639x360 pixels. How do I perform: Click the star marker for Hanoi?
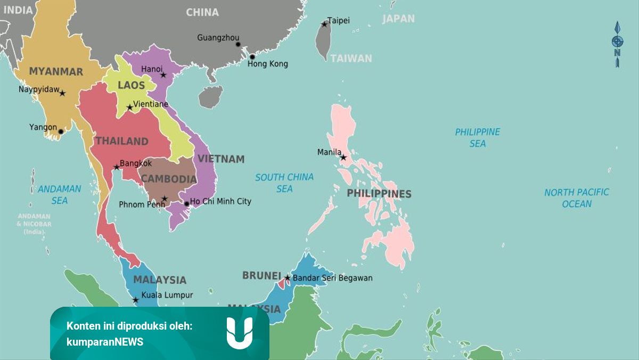[163, 75]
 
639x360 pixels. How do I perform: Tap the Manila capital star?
[343, 158]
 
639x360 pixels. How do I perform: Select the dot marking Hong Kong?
[252, 56]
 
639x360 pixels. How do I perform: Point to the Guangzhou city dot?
[238, 44]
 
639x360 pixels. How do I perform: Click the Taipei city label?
[338, 21]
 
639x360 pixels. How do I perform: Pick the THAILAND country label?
[121, 141]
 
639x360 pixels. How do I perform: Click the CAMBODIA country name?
[169, 179]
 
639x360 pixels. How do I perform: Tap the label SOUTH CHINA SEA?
[284, 183]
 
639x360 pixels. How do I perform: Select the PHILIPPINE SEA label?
[478, 137]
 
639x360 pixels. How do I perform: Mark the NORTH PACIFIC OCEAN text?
[577, 198]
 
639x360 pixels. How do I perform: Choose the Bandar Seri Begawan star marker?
[288, 277]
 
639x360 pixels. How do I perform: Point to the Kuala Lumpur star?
[136, 300]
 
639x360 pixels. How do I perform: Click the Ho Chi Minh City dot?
[186, 204]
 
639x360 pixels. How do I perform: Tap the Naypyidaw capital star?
[62, 93]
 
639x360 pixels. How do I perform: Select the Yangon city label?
[43, 127]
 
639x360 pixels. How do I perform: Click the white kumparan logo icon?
[240, 333]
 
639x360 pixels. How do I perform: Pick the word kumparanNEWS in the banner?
[105, 342]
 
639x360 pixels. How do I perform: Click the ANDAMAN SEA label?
[60, 194]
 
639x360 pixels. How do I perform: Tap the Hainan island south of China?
[211, 97]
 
